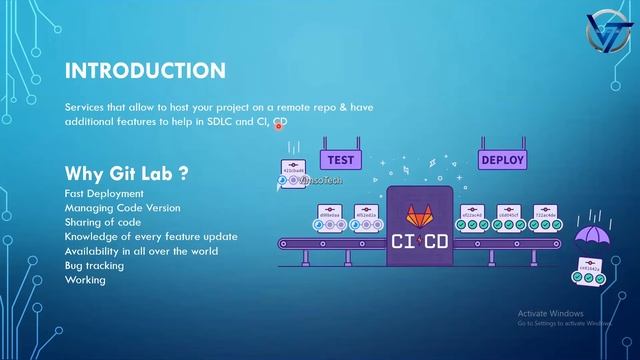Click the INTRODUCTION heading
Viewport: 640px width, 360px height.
click(x=145, y=71)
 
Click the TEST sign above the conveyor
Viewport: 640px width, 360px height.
click(x=340, y=159)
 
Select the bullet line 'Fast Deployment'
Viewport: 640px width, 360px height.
click(x=104, y=193)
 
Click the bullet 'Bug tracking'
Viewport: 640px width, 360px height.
click(x=95, y=265)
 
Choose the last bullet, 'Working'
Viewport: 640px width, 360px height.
click(x=85, y=280)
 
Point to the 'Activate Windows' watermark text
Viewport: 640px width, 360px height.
click(x=553, y=313)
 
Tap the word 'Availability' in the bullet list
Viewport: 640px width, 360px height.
click(x=90, y=251)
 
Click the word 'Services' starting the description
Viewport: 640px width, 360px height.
click(x=84, y=106)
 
